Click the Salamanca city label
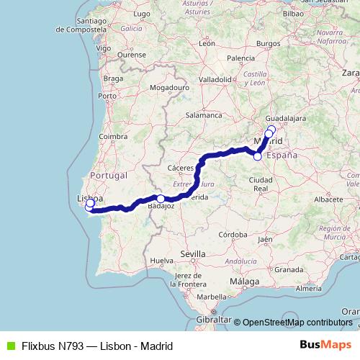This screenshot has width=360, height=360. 203,114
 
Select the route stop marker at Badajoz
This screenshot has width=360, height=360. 161,199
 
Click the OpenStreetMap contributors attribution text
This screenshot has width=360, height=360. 297,323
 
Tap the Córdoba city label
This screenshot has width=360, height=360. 234,235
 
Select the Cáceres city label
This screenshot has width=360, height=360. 180,168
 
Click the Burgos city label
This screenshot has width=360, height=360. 268,43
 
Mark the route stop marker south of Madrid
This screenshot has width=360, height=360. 258,156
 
